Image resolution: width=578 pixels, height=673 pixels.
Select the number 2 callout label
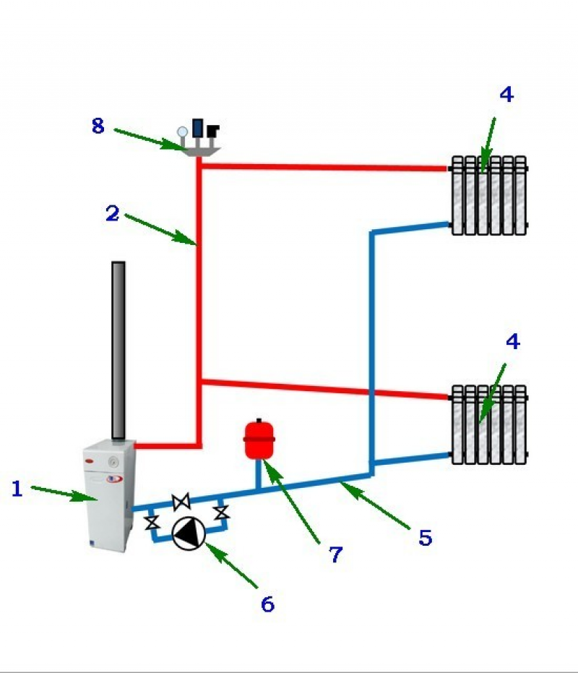[111, 213]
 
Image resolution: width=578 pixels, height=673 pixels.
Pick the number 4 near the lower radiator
[512, 342]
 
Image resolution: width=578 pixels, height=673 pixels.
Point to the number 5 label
[425, 538]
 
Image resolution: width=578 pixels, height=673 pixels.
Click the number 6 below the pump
[267, 604]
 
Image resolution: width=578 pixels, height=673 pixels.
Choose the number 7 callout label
[335, 554]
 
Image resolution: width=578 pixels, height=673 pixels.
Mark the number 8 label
[98, 127]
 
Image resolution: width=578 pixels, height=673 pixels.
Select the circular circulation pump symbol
[189, 533]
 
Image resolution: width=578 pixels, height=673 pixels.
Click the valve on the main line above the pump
[181, 500]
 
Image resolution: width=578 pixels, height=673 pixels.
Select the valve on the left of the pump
[152, 520]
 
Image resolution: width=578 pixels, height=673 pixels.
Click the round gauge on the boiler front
[112, 460]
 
